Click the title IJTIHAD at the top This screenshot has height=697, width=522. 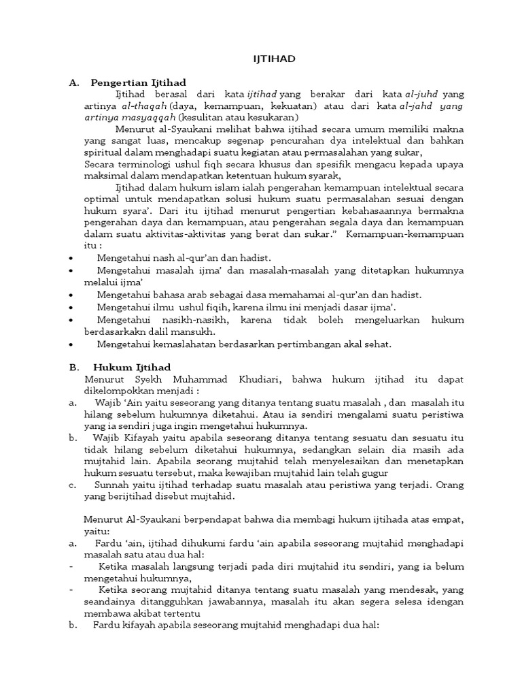point(271,59)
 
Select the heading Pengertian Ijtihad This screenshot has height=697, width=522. point(138,82)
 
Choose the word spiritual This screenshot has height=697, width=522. point(102,152)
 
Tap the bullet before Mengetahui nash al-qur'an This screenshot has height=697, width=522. point(72,259)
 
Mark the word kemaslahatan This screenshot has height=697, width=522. point(181,344)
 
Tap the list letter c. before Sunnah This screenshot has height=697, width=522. point(72,485)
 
